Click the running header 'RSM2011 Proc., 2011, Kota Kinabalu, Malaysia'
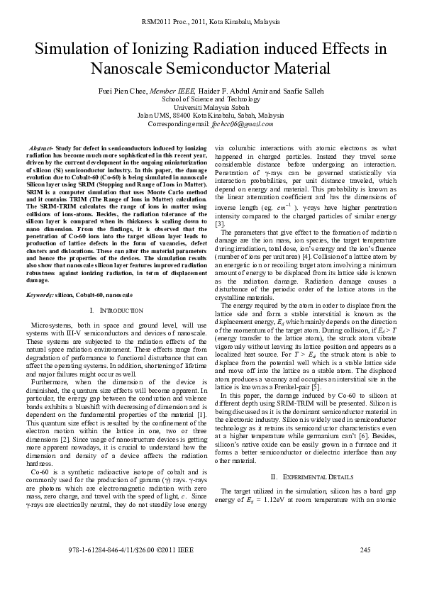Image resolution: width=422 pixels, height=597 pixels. (211, 14)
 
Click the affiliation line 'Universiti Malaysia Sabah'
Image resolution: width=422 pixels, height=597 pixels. (211, 107)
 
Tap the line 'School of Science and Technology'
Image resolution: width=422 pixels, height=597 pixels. (211, 99)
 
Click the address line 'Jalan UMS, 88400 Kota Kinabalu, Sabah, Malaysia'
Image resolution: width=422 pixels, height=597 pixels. (211, 115)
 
